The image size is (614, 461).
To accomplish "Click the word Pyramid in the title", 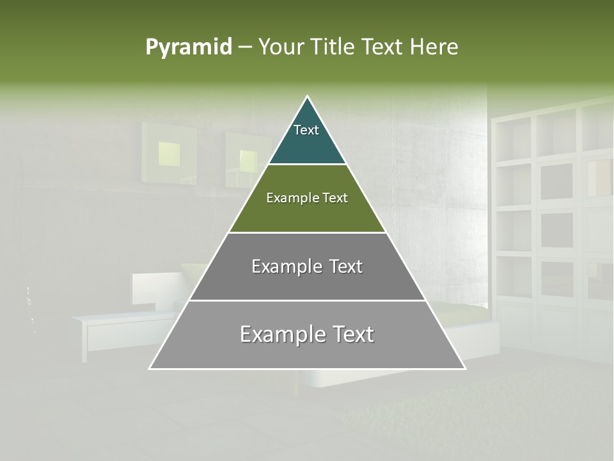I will coord(188,47).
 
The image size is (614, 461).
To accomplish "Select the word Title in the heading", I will coord(335,47).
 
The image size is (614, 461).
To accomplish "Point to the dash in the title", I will coord(244,47).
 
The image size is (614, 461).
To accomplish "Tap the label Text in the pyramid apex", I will coord(306,130).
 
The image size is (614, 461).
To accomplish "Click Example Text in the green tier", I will coord(307,198).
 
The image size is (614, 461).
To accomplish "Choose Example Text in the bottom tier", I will coord(307,334).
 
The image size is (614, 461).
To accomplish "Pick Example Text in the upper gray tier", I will coord(307,266).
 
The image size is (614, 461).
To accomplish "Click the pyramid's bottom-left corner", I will coord(150,368).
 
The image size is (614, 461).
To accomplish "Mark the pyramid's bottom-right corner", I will coord(464,368).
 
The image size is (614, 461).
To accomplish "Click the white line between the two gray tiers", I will coord(307,300).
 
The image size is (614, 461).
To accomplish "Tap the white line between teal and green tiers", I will coord(307,165).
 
